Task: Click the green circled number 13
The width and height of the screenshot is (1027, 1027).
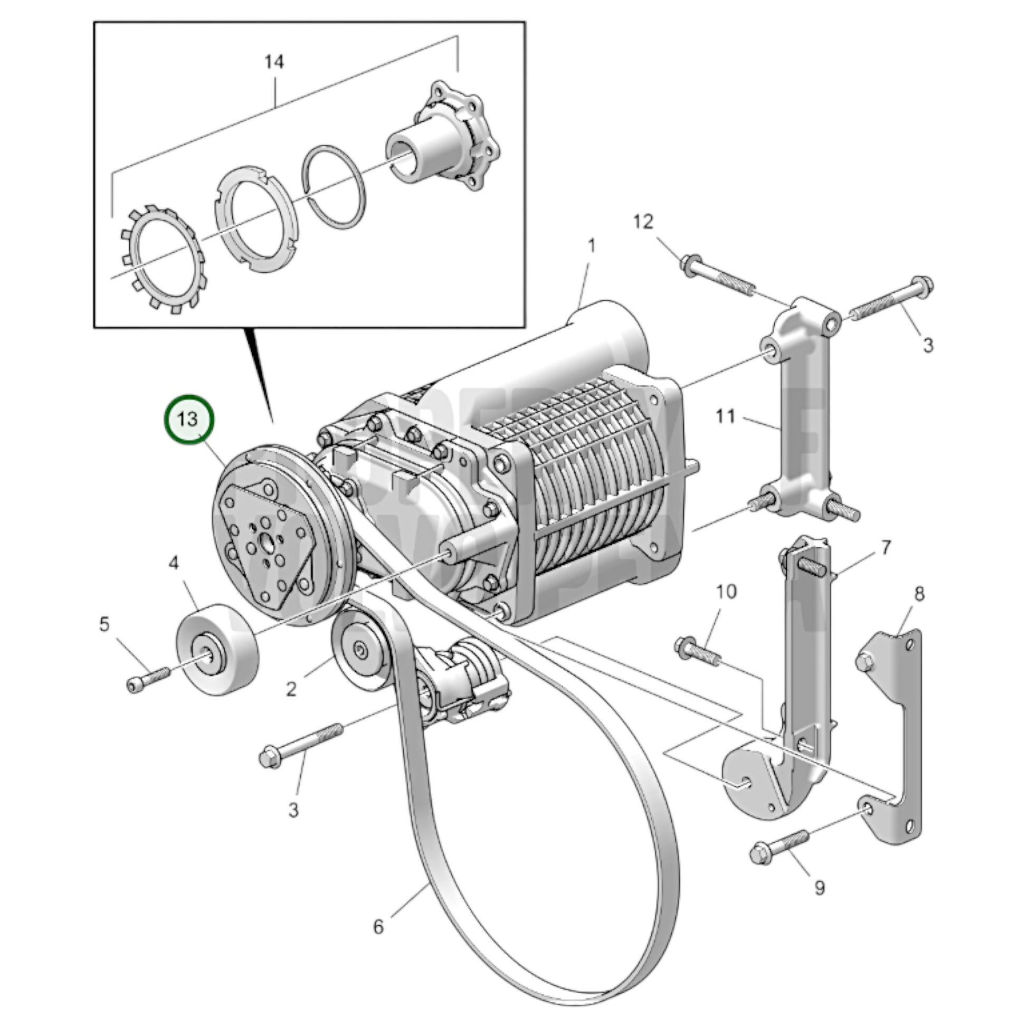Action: tap(188, 420)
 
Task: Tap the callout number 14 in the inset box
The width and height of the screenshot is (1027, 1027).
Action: tap(274, 62)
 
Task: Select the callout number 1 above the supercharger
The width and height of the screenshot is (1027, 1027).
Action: tap(591, 246)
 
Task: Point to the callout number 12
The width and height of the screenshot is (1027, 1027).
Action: tap(643, 222)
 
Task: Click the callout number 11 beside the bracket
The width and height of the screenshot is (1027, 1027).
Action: tap(726, 416)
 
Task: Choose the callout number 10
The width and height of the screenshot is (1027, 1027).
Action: tap(727, 592)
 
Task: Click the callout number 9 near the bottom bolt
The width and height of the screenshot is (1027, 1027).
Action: tap(820, 887)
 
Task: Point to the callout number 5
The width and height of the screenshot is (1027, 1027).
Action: tap(104, 624)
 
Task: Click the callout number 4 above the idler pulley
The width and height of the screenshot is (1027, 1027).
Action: tap(174, 563)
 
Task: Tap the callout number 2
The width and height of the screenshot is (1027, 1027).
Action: tap(291, 689)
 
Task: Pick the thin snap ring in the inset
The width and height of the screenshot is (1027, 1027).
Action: tap(334, 187)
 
